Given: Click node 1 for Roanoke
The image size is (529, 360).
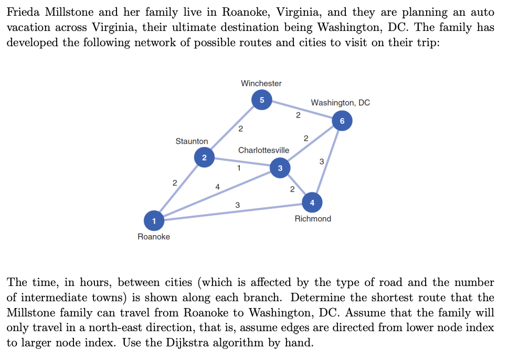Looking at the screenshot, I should [x=153, y=220].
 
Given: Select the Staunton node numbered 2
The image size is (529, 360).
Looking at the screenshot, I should [x=204, y=157].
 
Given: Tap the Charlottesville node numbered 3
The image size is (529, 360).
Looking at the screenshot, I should [x=280, y=168].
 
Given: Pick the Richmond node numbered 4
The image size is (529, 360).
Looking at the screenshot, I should [x=312, y=202].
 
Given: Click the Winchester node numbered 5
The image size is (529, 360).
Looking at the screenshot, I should [x=262, y=100].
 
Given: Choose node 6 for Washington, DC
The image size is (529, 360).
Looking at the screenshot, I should [x=342, y=121].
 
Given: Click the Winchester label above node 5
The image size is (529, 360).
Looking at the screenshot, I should [x=261, y=83].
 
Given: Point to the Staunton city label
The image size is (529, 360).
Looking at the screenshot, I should [x=192, y=141].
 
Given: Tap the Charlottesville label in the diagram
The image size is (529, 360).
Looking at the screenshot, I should [x=263, y=150].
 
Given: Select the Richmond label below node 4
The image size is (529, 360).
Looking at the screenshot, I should [x=313, y=218].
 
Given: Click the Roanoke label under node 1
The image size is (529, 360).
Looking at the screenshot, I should [x=154, y=237].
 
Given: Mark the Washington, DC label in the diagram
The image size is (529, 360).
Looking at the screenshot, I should [x=340, y=102].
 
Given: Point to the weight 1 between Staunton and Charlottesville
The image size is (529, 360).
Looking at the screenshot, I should [x=239, y=168].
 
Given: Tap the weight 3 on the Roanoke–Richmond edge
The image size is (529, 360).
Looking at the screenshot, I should [x=237, y=205].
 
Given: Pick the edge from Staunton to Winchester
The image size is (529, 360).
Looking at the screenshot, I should [x=231, y=130].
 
